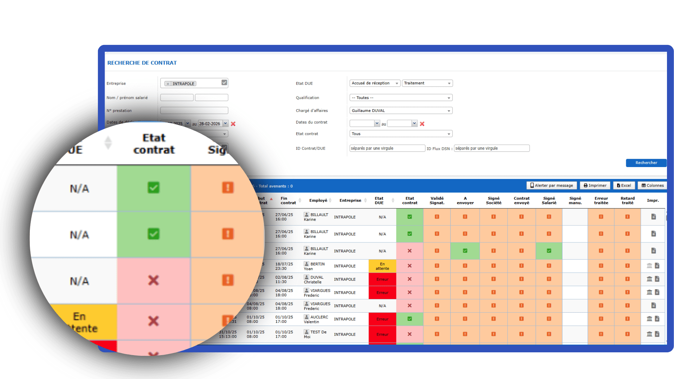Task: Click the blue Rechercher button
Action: click(646, 163)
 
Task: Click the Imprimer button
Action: click(595, 186)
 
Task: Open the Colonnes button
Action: click(653, 186)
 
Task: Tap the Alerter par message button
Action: click(551, 186)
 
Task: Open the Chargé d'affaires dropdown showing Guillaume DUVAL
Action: click(401, 111)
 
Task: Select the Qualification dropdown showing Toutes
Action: click(401, 98)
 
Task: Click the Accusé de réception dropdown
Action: click(375, 84)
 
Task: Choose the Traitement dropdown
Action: click(427, 84)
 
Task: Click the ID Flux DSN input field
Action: click(491, 148)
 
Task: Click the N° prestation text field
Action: click(194, 111)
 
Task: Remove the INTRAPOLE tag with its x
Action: click(168, 84)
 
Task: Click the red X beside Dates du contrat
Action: click(422, 124)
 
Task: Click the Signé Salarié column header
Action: click(549, 201)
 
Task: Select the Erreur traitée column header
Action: click(601, 201)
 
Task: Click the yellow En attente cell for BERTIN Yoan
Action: click(382, 266)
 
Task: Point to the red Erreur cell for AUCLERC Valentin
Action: click(382, 319)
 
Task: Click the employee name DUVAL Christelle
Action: click(316, 280)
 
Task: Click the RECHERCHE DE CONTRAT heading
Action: click(142, 63)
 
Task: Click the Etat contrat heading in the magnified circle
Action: click(154, 144)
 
